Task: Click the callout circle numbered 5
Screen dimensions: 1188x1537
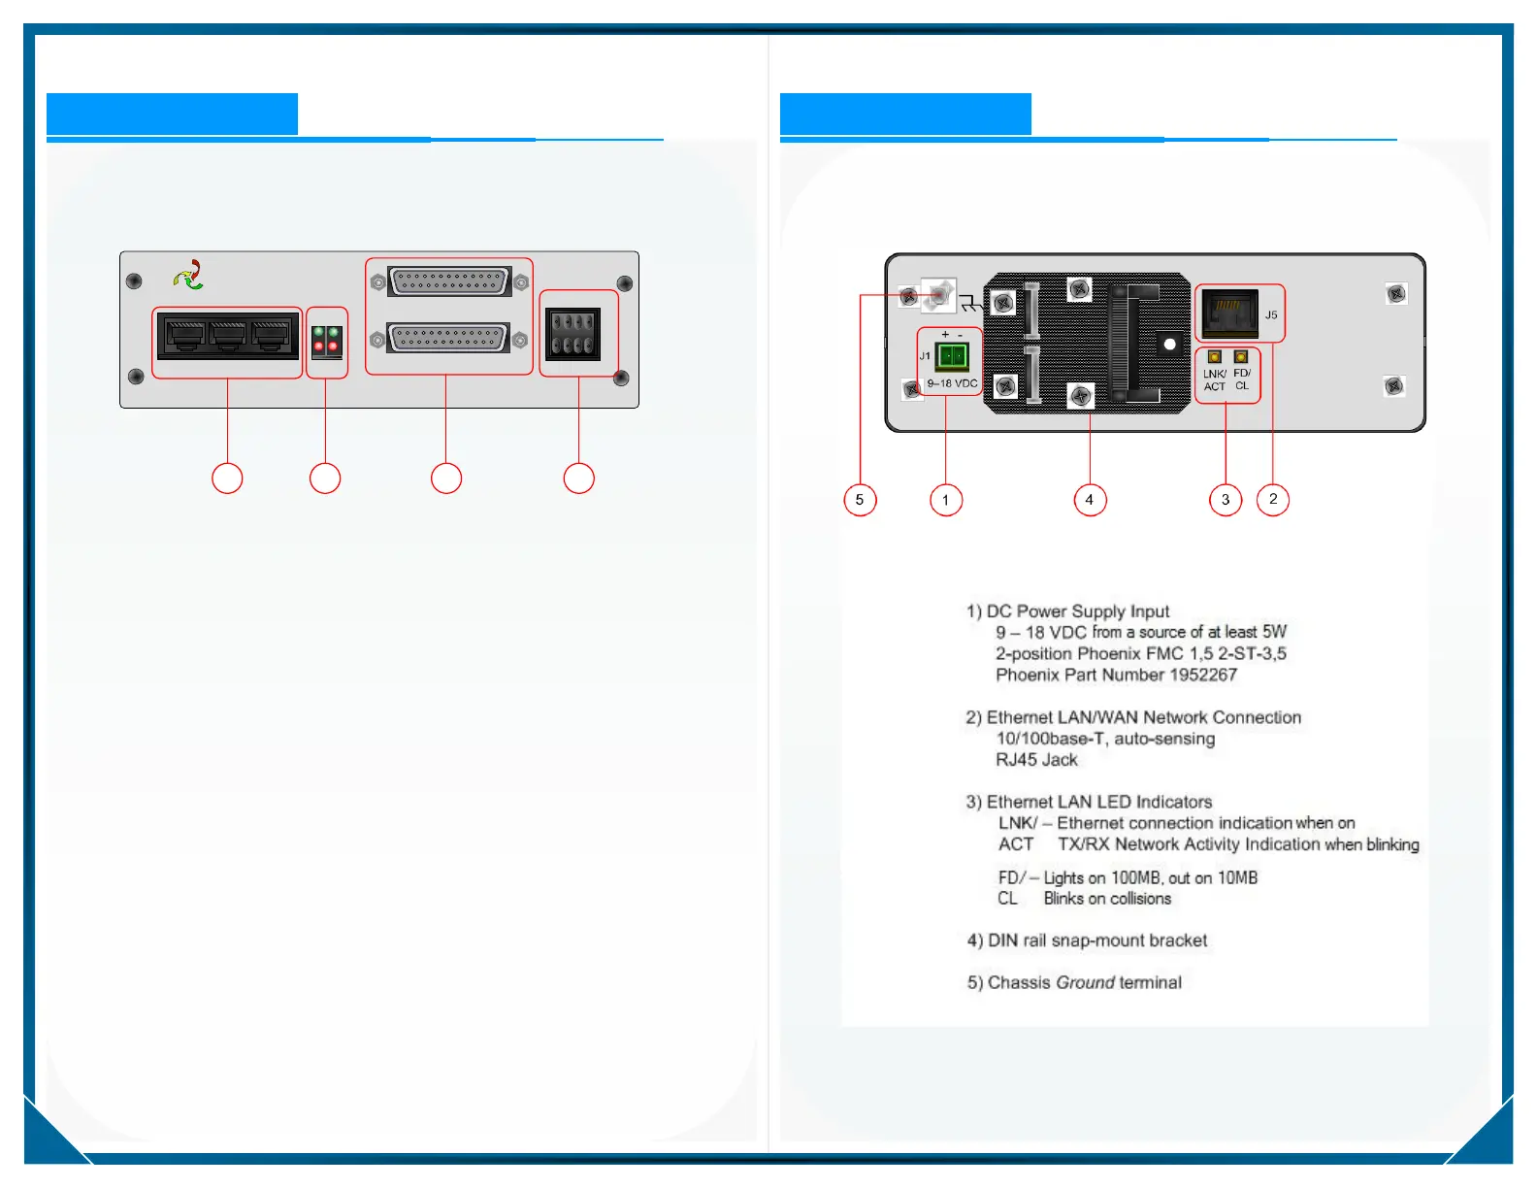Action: (860, 500)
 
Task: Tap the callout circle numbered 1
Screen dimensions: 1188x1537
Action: (946, 500)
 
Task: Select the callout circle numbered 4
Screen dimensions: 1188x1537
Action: (1090, 500)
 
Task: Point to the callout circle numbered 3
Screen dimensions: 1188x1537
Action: (1226, 500)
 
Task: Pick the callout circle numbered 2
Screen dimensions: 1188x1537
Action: (1273, 500)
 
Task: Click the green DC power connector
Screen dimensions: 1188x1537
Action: (952, 356)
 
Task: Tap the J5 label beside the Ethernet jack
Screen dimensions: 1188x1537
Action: (1271, 315)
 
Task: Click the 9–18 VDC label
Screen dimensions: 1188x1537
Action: (952, 383)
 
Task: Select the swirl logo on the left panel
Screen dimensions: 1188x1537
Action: (189, 276)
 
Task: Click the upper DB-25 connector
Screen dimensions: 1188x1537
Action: (449, 281)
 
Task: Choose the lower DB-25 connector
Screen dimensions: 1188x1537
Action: (448, 338)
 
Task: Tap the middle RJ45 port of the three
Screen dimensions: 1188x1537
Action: (227, 336)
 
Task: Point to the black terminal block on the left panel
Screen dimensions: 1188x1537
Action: (572, 334)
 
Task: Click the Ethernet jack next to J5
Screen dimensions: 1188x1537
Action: (1228, 313)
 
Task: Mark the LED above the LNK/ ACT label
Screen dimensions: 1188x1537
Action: (1214, 357)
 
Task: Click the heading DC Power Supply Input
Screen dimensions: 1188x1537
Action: (1077, 611)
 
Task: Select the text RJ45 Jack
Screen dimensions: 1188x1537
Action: (1036, 760)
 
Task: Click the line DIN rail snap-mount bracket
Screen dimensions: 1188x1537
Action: (1096, 940)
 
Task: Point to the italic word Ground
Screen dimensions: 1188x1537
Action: (1086, 982)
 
